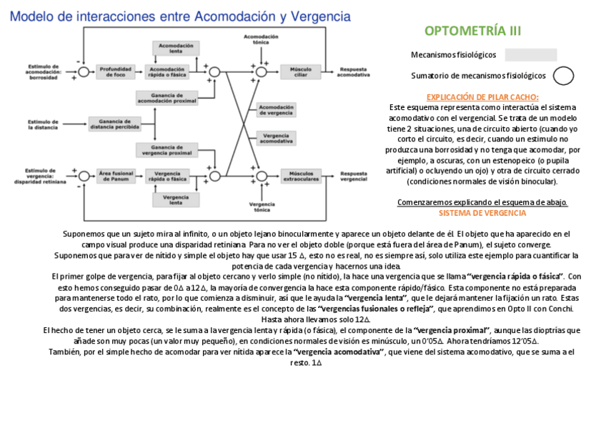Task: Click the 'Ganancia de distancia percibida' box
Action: (114, 124)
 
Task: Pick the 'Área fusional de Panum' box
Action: (114, 175)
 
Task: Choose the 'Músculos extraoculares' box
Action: (299, 175)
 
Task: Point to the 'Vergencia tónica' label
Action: (262, 207)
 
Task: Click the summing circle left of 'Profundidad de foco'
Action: (84, 71)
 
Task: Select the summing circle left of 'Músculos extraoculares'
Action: (262, 175)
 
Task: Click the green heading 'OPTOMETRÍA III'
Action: (472, 31)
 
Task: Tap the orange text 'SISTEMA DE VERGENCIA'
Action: (482, 213)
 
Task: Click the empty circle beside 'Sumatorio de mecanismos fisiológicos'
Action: (564, 75)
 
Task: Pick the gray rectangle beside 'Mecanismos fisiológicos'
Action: (530, 55)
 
